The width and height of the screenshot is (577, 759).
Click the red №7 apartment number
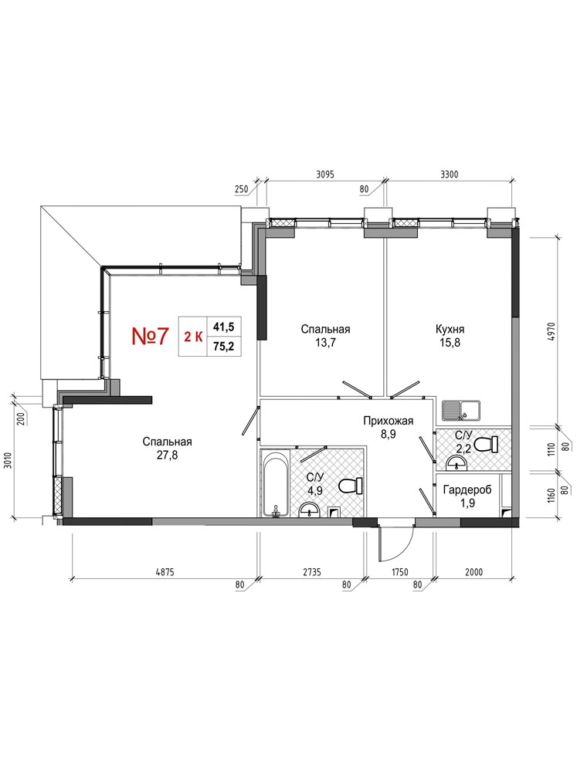(150, 336)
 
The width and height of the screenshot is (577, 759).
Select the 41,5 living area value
(224, 327)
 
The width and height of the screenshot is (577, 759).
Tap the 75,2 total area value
(224, 346)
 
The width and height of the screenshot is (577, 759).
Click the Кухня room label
(450, 329)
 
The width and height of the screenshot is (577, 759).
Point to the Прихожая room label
(389, 421)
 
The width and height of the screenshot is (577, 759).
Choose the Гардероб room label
(467, 490)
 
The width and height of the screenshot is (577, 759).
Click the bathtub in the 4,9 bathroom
(276, 483)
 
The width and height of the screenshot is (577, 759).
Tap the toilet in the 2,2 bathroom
(487, 444)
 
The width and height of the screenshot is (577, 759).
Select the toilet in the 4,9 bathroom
(351, 486)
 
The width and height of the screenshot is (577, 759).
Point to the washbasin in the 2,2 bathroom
(457, 464)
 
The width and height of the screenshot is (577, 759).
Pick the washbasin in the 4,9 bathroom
(309, 510)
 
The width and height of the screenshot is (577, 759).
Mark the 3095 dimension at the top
(325, 175)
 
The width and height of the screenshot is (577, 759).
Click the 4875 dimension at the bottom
(165, 572)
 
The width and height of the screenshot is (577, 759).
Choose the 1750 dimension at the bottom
(399, 572)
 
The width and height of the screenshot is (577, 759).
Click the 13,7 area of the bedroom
(325, 343)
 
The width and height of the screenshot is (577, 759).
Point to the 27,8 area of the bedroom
(167, 455)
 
